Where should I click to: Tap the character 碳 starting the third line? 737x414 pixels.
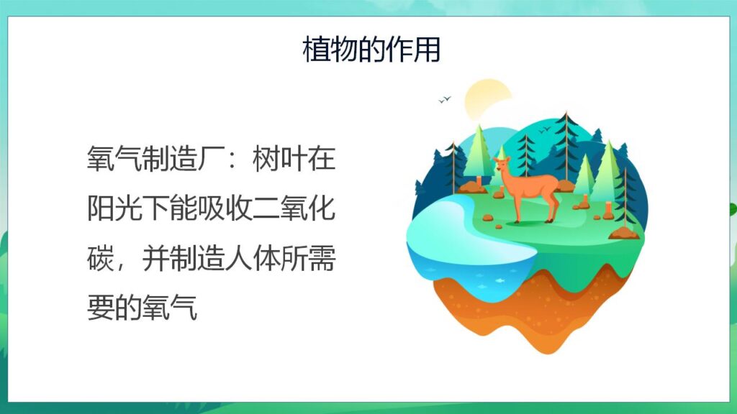(x=100, y=260)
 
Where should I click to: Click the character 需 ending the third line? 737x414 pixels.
(x=321, y=260)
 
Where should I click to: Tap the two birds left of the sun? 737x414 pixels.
(x=446, y=100)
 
